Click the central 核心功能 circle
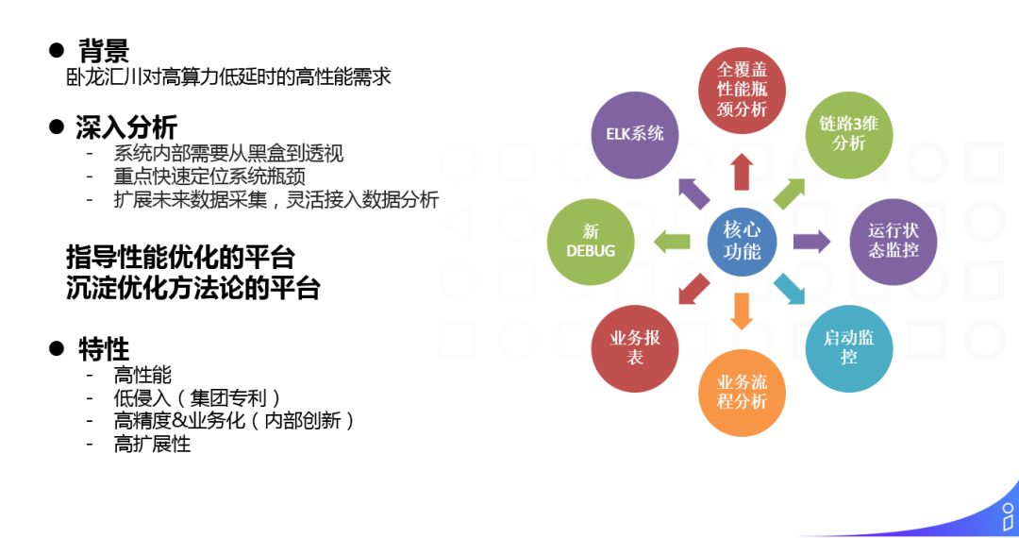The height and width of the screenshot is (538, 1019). point(742,241)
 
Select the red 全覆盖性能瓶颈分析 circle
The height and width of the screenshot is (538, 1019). point(742,91)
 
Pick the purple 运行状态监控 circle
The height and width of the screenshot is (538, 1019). point(893,241)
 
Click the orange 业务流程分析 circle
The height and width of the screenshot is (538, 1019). point(742,392)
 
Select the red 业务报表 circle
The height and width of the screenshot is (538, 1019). point(635,347)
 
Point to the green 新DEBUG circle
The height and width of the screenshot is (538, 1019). point(591,241)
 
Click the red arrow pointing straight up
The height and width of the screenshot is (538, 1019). point(742,172)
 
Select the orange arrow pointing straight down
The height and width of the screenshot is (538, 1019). point(742,311)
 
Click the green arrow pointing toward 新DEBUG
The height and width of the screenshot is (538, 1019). point(672,241)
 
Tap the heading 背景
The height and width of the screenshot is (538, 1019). point(104,50)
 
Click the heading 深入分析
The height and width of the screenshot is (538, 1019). point(126,126)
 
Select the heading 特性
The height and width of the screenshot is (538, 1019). point(104,349)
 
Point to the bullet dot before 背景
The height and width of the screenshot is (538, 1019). point(57,50)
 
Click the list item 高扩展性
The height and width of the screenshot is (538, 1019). point(152,445)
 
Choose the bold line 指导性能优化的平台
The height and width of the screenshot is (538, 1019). point(180,257)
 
